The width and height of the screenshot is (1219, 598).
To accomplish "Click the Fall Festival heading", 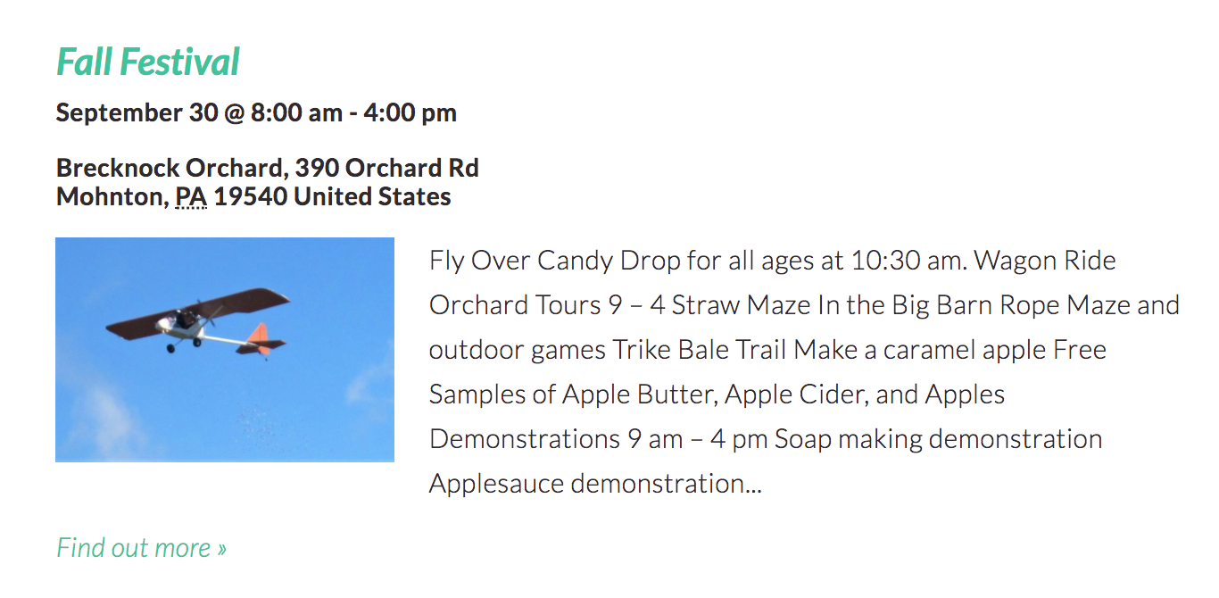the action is coord(148,62).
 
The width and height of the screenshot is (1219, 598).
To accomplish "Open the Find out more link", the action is coord(142,547).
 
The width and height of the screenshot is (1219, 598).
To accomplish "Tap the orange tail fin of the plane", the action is coord(260,337).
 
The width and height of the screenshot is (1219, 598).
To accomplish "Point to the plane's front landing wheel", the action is coord(170,348).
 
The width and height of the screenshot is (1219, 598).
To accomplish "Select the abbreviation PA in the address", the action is coord(191,196).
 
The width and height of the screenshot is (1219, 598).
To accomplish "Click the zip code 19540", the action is coord(251,196).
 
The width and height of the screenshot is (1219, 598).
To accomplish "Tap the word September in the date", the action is coord(120,113).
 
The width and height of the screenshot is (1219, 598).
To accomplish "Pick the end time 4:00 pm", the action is coord(410,113).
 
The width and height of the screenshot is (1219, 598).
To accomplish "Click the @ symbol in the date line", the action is coord(235,113).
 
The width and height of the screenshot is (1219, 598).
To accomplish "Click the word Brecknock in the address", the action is coord(118,168).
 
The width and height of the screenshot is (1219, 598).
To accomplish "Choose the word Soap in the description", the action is coord(803,439).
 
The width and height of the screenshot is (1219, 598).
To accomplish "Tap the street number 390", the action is coord(317,168).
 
